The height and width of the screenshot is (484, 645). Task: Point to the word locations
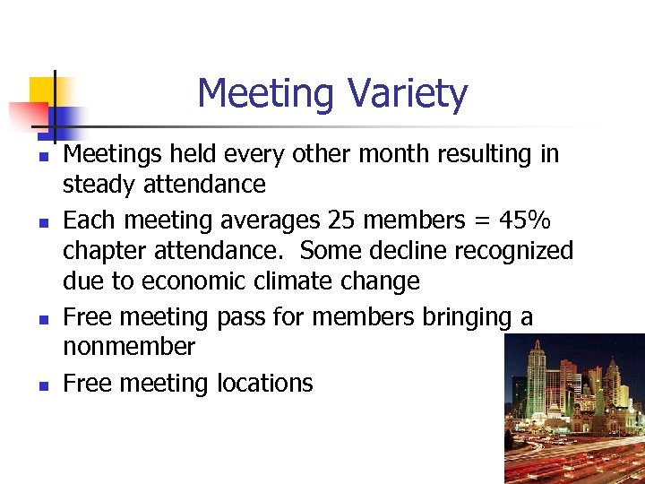(265, 384)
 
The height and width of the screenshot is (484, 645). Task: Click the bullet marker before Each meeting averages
(41, 221)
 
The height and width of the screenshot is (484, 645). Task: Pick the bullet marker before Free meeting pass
(41, 318)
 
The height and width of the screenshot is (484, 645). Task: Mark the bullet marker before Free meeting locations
(41, 385)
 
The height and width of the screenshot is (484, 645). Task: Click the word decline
(407, 251)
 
